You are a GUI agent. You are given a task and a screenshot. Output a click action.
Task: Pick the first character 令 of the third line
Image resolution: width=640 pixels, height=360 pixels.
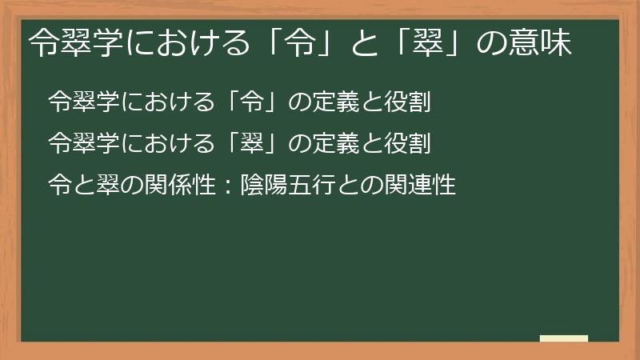point(58,186)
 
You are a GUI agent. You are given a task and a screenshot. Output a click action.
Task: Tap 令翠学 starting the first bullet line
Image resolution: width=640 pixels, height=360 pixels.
point(79,103)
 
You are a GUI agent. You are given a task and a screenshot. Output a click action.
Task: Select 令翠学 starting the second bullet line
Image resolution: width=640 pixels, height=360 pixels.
point(79,145)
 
